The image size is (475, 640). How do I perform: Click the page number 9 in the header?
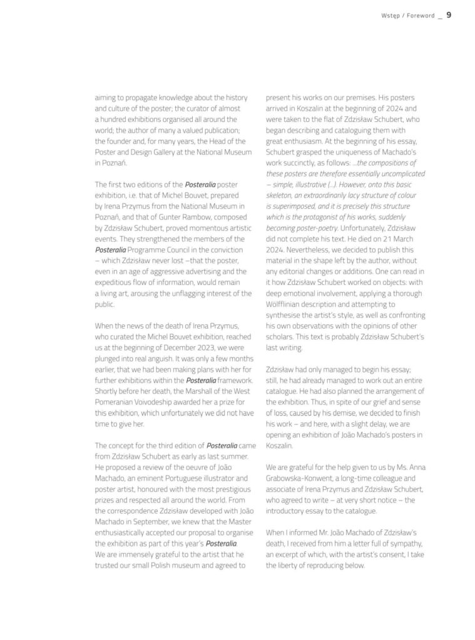click(x=449, y=15)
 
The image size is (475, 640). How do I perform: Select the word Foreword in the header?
click(x=421, y=16)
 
